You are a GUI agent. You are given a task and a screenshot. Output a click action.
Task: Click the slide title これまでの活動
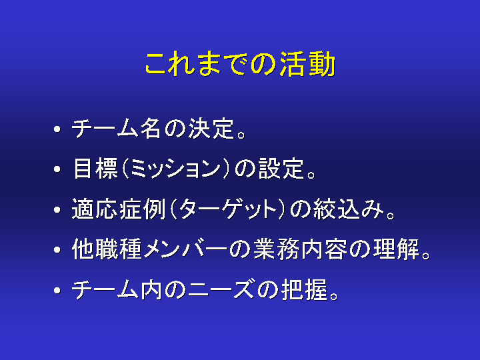[x=240, y=64]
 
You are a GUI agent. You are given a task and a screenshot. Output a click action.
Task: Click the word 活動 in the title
[x=307, y=64]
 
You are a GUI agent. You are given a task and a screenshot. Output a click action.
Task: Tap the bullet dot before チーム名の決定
[x=57, y=129]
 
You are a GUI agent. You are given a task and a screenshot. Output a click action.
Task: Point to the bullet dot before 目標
[x=57, y=169]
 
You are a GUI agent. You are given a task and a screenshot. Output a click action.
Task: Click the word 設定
[x=281, y=169]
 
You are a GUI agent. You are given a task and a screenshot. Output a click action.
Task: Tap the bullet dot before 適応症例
[x=57, y=209]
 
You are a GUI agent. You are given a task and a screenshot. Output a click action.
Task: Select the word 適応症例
[x=119, y=209]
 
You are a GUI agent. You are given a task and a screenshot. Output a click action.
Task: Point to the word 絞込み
[x=349, y=209]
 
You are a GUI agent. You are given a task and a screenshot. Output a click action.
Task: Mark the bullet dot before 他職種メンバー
[x=57, y=250]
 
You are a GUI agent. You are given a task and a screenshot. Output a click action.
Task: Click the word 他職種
[x=107, y=249]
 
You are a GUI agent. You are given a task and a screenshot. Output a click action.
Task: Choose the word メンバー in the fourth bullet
[x=185, y=249]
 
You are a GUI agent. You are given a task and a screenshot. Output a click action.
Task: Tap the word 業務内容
[x=300, y=249]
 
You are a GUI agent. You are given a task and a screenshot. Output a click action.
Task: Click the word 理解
[x=396, y=249]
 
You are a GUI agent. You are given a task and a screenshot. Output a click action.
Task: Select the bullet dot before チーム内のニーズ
[x=57, y=290]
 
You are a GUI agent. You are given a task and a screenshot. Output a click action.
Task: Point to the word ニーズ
[x=221, y=289]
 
